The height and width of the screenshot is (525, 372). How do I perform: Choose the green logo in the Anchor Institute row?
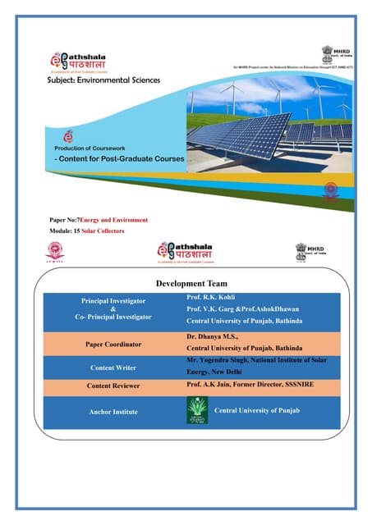click(197, 409)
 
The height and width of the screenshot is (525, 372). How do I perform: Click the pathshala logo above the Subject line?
click(85, 59)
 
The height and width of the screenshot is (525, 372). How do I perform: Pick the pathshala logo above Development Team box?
click(189, 250)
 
